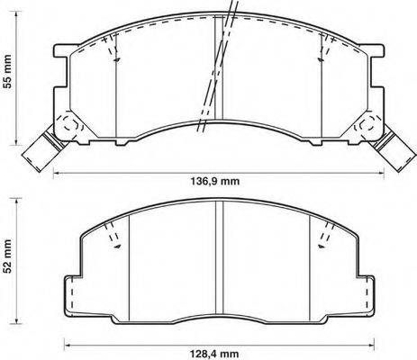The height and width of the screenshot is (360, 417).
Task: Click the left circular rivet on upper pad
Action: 66,126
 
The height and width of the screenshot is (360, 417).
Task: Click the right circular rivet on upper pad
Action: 366,126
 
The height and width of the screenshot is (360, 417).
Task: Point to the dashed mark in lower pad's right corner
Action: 321,237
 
